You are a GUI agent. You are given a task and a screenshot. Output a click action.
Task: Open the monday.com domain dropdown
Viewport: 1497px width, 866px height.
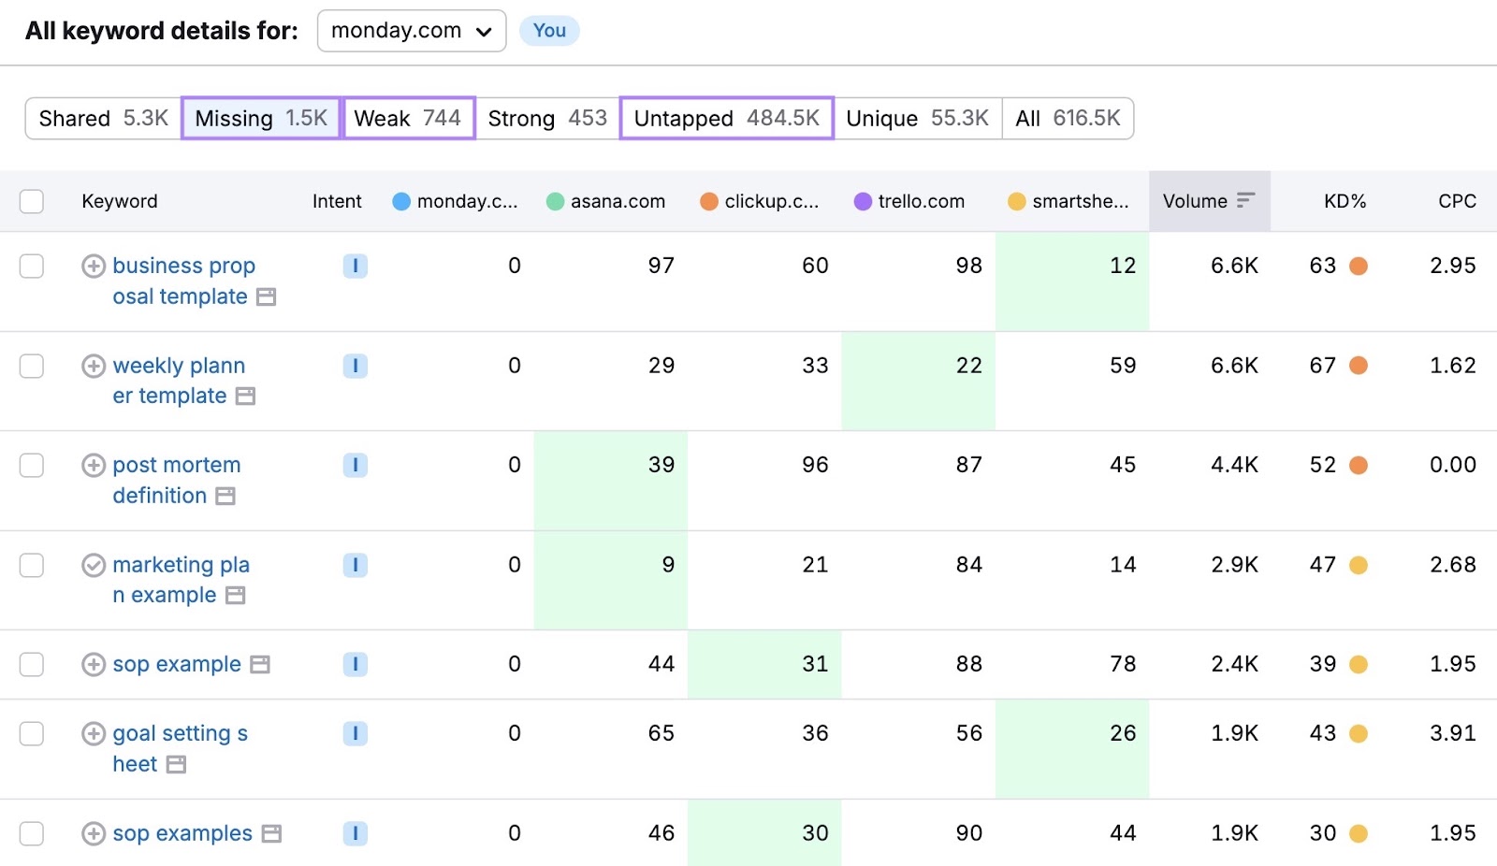tap(412, 31)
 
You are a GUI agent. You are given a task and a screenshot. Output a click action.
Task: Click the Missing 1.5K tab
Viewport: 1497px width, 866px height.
tap(261, 119)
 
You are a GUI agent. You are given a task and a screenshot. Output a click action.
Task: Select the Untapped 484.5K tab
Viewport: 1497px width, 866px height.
tap(726, 119)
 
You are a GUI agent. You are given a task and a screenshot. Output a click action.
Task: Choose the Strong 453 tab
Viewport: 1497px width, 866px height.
tap(547, 119)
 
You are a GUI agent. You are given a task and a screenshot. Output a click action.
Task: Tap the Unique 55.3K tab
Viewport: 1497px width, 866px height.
tap(917, 119)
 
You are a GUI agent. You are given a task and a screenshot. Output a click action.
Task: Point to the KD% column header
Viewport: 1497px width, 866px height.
tap(1344, 201)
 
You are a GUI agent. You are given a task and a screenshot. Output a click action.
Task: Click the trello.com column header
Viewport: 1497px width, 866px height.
tap(920, 201)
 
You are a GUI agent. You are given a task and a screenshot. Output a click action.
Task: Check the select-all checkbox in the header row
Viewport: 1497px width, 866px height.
tap(32, 201)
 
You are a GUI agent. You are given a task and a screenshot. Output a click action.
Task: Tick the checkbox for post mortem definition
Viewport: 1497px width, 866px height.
tap(32, 465)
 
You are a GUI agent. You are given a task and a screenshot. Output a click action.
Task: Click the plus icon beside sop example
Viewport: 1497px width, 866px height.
tap(94, 665)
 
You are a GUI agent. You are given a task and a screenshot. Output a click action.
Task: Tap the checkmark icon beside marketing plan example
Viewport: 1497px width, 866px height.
tap(94, 565)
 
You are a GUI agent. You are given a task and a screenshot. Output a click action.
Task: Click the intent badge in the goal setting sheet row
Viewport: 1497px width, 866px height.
tap(355, 734)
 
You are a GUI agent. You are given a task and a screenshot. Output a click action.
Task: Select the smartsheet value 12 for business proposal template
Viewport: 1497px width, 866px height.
tap(1122, 266)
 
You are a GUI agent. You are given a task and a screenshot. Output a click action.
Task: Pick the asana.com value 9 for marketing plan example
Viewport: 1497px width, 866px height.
tap(667, 565)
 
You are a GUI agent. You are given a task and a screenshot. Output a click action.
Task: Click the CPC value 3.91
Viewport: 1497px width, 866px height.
tap(1452, 733)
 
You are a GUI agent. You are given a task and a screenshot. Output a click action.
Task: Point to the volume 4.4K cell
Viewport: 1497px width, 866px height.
tap(1234, 465)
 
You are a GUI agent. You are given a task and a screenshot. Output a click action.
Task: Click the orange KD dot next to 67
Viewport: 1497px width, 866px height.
tap(1359, 366)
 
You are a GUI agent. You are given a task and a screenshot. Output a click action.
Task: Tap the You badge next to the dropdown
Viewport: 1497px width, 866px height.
tap(549, 31)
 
